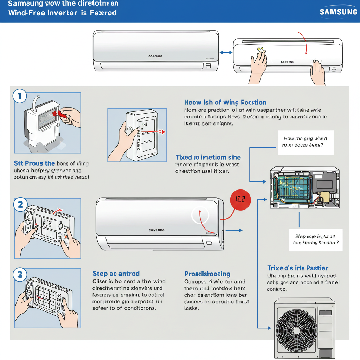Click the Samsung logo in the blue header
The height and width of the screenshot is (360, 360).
click(x=338, y=12)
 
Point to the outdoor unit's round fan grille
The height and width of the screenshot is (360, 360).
click(x=296, y=330)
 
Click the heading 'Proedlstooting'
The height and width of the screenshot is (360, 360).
click(x=207, y=274)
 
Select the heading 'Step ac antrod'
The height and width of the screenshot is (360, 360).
click(x=116, y=274)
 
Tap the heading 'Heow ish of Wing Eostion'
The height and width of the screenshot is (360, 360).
click(x=225, y=102)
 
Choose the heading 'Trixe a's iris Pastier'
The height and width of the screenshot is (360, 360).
click(x=298, y=268)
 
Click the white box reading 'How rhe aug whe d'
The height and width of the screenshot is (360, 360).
click(x=306, y=142)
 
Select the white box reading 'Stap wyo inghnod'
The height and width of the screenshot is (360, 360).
click(x=315, y=239)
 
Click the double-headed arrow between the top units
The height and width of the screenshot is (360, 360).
click(x=226, y=52)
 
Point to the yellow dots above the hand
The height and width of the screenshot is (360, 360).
click(x=260, y=50)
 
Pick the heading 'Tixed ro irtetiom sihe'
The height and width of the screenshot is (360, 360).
click(x=208, y=157)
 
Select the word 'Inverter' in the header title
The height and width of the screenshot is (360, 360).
click(x=57, y=13)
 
